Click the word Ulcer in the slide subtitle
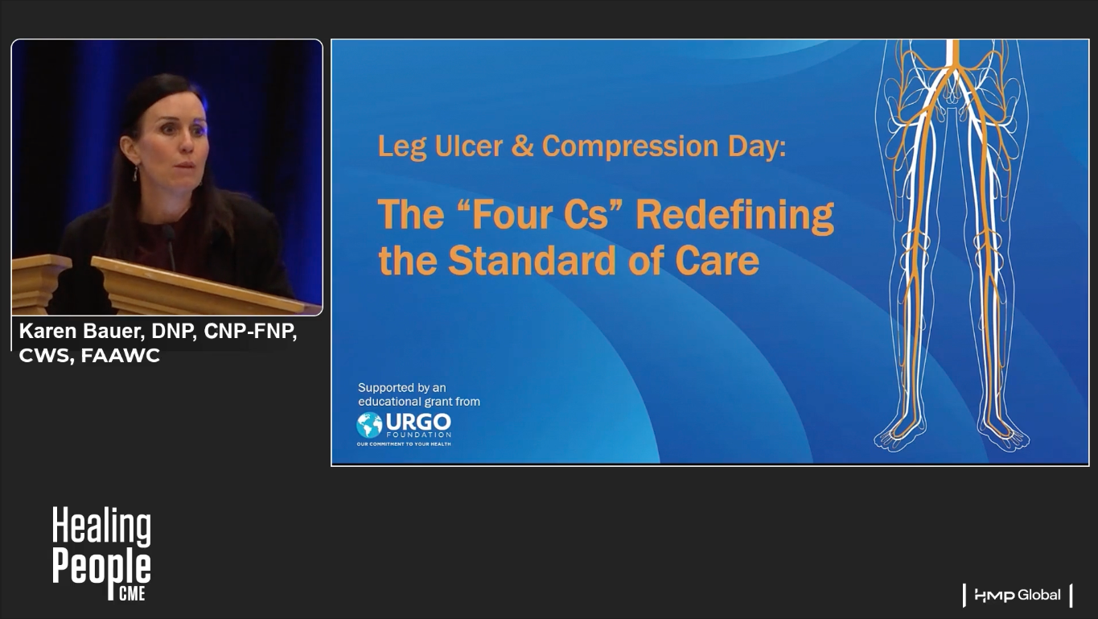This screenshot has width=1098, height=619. (469, 146)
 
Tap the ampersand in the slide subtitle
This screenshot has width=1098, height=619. (522, 146)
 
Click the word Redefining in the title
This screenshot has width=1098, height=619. (734, 216)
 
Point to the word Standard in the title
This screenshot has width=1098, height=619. (532, 261)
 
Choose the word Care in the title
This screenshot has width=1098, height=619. (718, 261)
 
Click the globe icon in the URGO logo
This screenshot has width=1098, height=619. (369, 425)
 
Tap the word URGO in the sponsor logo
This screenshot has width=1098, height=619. (418, 421)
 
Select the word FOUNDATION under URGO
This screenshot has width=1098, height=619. (418, 435)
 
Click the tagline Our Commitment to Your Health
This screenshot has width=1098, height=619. (404, 444)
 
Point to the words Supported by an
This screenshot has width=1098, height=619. (402, 387)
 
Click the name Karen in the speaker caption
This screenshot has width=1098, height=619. (47, 332)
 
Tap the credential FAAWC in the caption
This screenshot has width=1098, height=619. (121, 356)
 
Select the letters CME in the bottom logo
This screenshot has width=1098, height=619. (133, 594)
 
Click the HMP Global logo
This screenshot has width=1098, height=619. (1017, 596)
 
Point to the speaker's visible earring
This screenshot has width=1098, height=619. (135, 173)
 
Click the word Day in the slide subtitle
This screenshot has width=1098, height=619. (757, 146)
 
